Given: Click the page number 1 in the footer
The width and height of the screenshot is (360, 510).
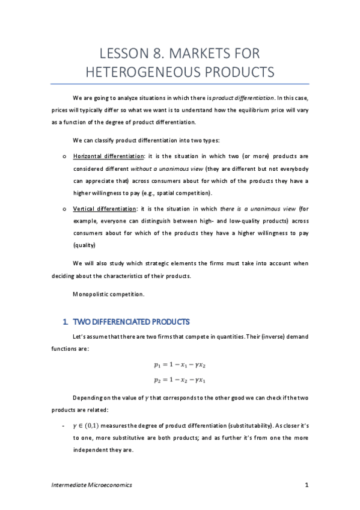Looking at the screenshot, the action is point(307,485).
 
